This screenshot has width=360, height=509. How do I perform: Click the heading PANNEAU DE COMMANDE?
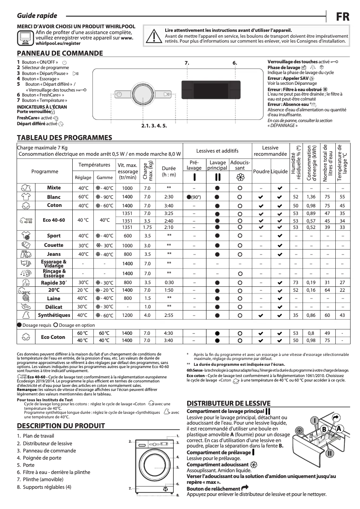click(60, 53)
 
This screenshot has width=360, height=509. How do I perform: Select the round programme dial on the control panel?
click(140, 94)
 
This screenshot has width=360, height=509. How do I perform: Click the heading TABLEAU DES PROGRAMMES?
click(64, 137)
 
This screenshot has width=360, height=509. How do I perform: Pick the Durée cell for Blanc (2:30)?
click(169, 197)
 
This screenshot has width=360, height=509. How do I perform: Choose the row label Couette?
click(53, 245)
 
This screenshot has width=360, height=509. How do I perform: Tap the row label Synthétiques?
click(54, 315)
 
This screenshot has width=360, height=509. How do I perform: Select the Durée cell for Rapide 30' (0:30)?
click(169, 283)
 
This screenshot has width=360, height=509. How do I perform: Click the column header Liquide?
click(279, 171)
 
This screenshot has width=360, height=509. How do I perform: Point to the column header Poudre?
click(261, 171)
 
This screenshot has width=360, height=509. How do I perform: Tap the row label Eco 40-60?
click(54, 220)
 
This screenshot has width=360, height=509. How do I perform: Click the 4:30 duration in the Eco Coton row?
click(169, 333)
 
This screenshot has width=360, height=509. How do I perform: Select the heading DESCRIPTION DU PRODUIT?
click(61, 426)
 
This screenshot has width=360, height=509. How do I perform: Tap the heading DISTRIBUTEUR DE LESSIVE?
click(228, 403)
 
